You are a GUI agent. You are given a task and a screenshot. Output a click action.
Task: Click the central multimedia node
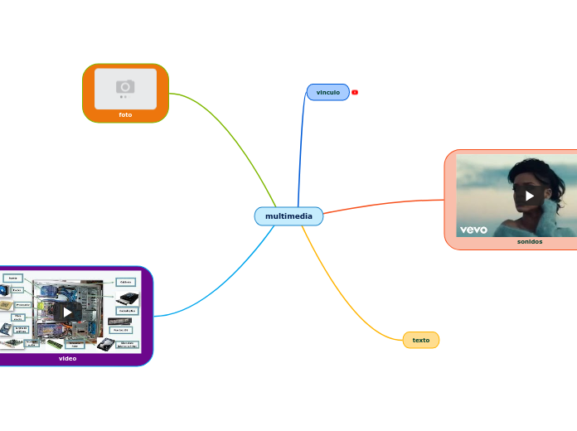click(x=288, y=216)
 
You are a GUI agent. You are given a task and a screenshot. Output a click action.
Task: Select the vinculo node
click(x=327, y=92)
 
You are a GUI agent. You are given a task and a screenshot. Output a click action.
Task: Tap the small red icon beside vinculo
click(x=355, y=92)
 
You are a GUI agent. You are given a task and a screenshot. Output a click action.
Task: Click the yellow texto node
click(x=420, y=340)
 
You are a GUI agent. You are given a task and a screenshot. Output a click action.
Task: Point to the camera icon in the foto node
click(x=125, y=86)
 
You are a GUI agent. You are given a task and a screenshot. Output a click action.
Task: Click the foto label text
click(x=125, y=114)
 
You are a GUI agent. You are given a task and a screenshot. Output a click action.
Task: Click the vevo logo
click(x=473, y=230)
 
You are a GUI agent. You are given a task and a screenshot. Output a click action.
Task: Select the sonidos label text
click(x=529, y=242)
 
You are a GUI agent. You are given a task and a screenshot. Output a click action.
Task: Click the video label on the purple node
click(x=68, y=359)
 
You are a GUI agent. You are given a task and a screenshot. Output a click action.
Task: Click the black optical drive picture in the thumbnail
click(x=128, y=298)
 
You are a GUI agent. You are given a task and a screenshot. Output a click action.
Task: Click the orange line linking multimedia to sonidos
click(x=381, y=205)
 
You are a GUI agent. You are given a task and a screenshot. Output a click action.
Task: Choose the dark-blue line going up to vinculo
click(x=300, y=149)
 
